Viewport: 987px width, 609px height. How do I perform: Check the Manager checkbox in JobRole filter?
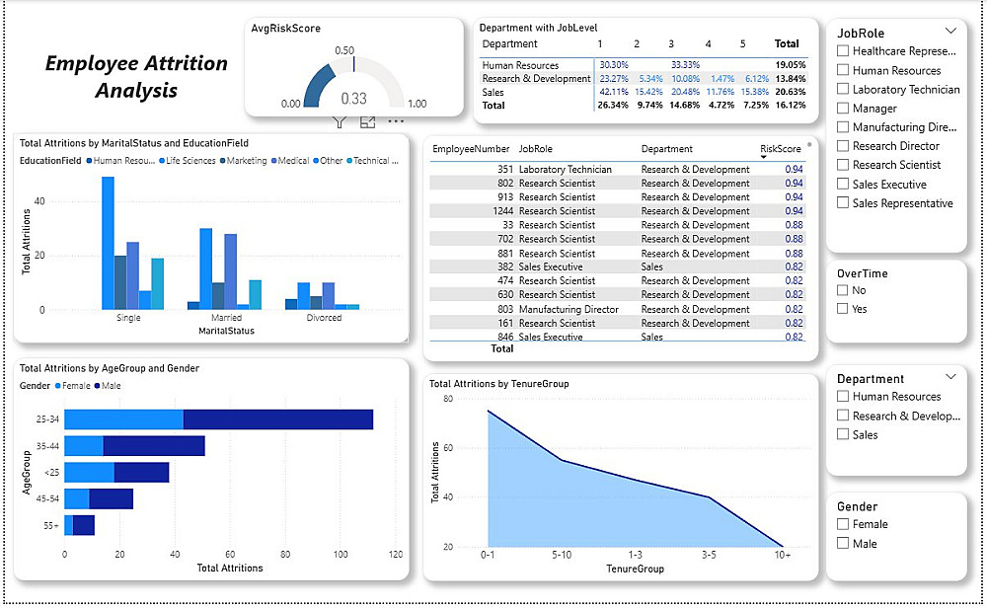(842, 109)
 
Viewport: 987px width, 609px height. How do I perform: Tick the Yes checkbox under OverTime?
(842, 309)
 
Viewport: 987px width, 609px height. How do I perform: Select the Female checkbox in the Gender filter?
(842, 525)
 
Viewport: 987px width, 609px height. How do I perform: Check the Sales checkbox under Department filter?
(842, 434)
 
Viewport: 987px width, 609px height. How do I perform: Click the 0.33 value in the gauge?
(353, 99)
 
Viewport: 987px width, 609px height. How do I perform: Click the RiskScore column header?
(779, 149)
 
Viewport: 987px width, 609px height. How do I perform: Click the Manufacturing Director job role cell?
(569, 309)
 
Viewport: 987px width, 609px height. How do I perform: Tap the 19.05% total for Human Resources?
(790, 65)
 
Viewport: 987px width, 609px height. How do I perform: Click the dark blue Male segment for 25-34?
(277, 419)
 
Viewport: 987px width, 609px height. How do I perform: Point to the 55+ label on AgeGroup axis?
(49, 526)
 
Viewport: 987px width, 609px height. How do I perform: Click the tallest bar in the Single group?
(108, 243)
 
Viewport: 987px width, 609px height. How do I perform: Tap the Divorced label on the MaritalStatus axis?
(324, 318)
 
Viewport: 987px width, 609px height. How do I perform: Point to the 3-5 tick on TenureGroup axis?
(708, 556)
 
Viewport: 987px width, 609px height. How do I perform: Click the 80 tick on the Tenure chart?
(446, 399)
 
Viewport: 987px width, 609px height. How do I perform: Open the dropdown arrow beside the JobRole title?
(950, 31)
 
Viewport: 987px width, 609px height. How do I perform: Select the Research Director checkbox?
(842, 146)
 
